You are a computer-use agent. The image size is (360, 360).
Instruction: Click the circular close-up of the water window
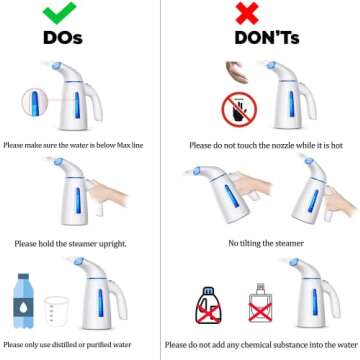pyautogui.click(x=37, y=104)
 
